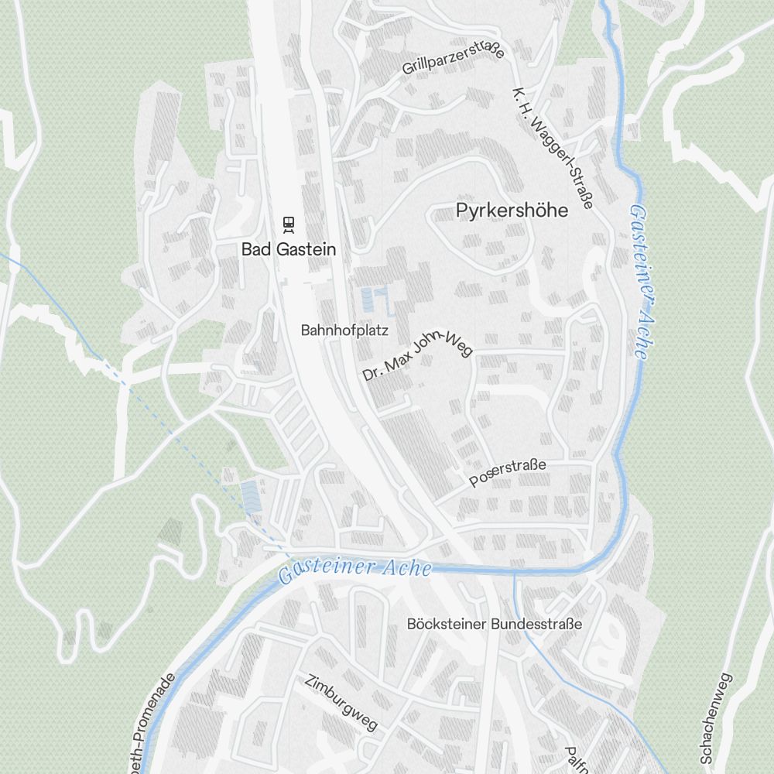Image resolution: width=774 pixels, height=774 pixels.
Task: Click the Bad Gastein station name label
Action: pyautogui.click(x=289, y=249)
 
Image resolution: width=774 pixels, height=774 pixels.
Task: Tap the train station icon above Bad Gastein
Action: pyautogui.click(x=289, y=224)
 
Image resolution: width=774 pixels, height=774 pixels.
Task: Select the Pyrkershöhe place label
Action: pyautogui.click(x=512, y=210)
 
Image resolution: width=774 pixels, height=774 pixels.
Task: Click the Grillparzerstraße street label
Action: pyautogui.click(x=453, y=60)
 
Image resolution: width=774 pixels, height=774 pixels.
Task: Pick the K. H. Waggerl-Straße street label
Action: pyautogui.click(x=552, y=148)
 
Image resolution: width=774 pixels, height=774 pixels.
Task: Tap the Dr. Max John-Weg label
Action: pyautogui.click(x=417, y=355)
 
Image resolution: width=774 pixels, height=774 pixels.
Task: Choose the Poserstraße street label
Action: pyautogui.click(x=508, y=472)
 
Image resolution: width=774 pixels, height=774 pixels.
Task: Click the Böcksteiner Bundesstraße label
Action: pyautogui.click(x=494, y=624)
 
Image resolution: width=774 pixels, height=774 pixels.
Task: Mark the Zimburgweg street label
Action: pyautogui.click(x=341, y=702)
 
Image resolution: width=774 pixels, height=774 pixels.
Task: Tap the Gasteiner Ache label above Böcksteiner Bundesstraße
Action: pyautogui.click(x=354, y=570)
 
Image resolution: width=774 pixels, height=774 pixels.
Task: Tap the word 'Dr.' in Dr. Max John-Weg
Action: pyautogui.click(x=372, y=375)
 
